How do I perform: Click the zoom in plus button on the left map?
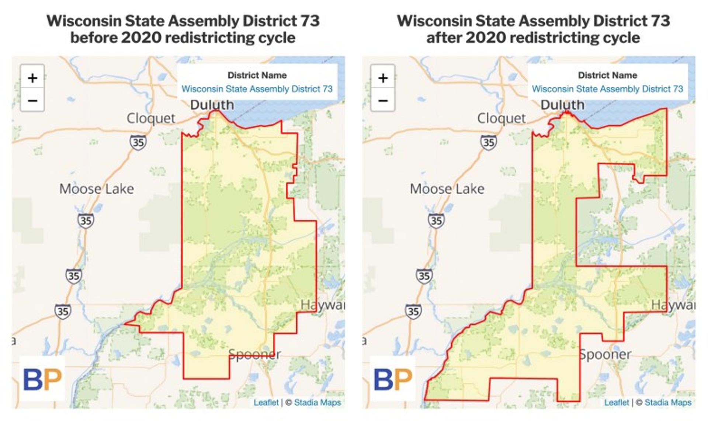(x=32, y=78)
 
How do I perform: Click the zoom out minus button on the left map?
(x=32, y=100)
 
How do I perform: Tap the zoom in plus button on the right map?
(x=383, y=78)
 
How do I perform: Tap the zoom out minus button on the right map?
(x=383, y=100)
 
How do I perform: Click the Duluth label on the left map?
(x=212, y=105)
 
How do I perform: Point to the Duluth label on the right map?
(x=562, y=105)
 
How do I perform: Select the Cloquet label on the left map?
(x=151, y=118)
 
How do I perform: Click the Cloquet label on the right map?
(x=501, y=118)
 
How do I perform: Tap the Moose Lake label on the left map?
(x=97, y=189)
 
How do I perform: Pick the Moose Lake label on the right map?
(x=447, y=189)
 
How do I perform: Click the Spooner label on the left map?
(x=254, y=354)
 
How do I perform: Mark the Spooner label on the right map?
(x=605, y=354)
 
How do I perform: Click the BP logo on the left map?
(x=42, y=379)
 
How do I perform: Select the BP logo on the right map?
(x=392, y=379)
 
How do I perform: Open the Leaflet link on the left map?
(x=266, y=403)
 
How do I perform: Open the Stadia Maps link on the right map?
(x=668, y=403)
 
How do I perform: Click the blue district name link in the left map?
(x=257, y=89)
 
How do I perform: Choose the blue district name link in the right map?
(x=607, y=89)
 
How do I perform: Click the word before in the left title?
(x=94, y=38)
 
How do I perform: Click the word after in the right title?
(x=444, y=38)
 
